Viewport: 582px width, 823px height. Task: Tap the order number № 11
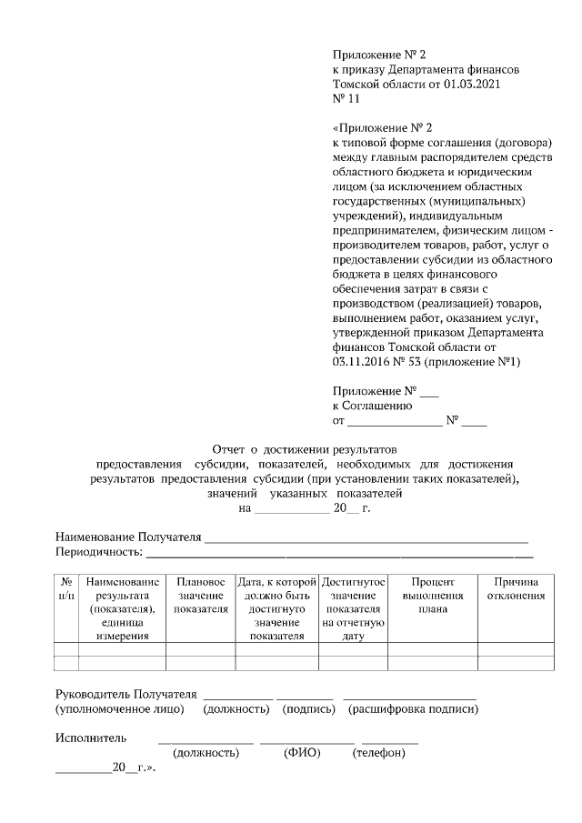click(347, 99)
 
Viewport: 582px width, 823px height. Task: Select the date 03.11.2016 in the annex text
click(364, 362)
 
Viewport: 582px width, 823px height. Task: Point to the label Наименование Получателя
click(127, 537)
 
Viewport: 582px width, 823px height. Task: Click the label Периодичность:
click(98, 551)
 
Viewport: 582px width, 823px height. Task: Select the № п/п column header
click(66, 587)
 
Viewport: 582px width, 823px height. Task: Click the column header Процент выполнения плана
click(432, 595)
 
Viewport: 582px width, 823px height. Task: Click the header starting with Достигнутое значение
click(353, 608)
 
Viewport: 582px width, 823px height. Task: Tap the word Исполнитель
click(91, 737)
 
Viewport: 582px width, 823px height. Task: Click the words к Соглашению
click(373, 406)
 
